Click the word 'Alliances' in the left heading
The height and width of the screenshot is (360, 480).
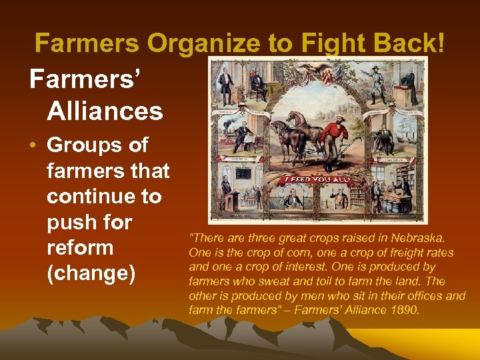[x=105, y=111]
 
